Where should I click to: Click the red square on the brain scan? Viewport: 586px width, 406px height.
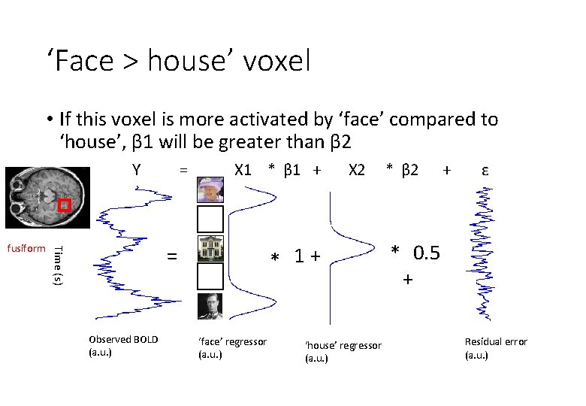(65, 205)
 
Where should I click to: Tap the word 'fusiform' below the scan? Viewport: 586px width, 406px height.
(26, 248)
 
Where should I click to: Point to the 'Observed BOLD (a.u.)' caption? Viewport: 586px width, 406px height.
(123, 345)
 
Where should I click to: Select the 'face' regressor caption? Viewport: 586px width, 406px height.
(232, 347)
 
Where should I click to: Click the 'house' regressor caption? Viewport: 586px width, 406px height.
(343, 351)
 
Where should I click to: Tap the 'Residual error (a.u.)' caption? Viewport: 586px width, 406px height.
(496, 347)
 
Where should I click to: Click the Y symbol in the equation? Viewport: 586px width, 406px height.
(136, 170)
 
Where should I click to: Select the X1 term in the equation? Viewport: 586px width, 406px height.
(243, 170)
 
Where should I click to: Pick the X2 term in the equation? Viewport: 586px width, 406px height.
(356, 170)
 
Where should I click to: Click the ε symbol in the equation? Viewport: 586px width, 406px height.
(485, 170)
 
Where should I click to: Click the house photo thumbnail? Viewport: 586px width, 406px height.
(210, 248)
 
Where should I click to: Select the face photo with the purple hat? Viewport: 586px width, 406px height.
(210, 189)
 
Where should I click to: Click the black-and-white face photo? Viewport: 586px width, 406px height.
(210, 306)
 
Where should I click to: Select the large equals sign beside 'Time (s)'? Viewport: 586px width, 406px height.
(172, 256)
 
